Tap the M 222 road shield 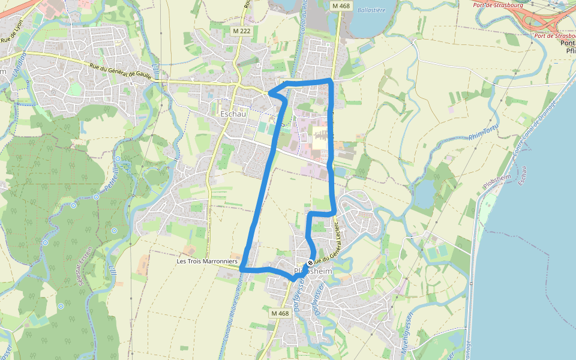tap(241, 30)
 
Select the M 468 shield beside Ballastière tap(340, 5)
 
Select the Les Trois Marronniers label tap(207, 262)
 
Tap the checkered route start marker tap(310, 263)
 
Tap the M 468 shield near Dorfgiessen tap(280, 313)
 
